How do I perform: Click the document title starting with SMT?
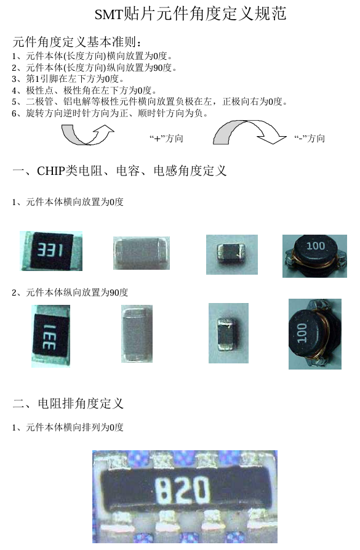pos(190,14)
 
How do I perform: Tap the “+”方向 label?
pos(166,139)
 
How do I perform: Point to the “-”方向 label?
pos(310,139)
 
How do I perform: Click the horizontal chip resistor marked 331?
pos(51,251)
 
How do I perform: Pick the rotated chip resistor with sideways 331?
pos(51,336)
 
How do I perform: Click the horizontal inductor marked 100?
pos(315,256)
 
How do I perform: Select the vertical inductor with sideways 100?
pos(315,334)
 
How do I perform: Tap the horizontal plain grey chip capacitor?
pos(142,253)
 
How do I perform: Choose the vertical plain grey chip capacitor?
pos(137,334)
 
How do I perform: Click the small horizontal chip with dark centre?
pos(232,254)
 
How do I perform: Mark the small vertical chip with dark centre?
pos(228,333)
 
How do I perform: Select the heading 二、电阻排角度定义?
pos(68,403)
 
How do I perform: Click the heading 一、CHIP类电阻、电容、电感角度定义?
pos(119,171)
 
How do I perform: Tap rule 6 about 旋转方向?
pos(110,113)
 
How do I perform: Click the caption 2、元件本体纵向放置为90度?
pos(70,292)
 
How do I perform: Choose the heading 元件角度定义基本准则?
pos(77,42)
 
